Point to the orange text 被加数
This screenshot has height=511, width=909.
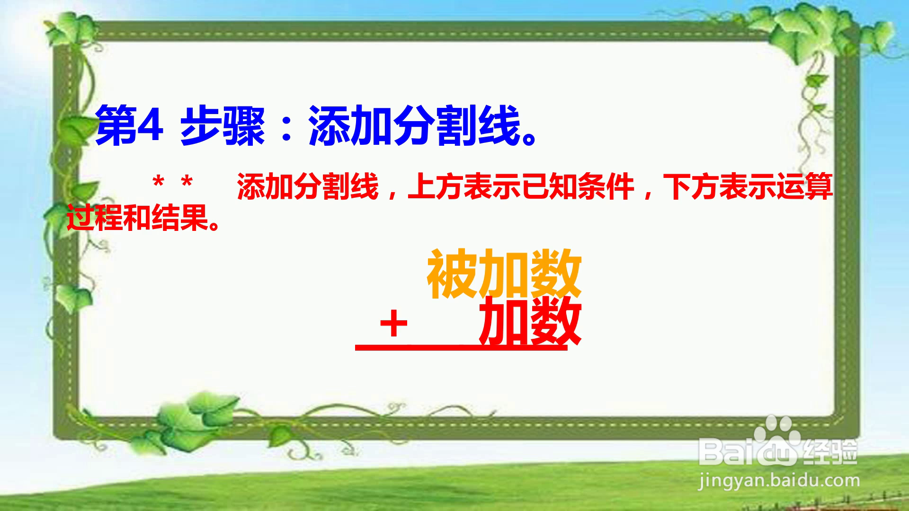[x=504, y=274]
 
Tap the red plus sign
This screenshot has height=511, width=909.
[x=393, y=326]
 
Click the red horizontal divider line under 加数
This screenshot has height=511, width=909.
[x=461, y=348]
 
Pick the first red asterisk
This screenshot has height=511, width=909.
[x=159, y=183]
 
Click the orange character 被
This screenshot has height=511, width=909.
[x=453, y=274]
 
